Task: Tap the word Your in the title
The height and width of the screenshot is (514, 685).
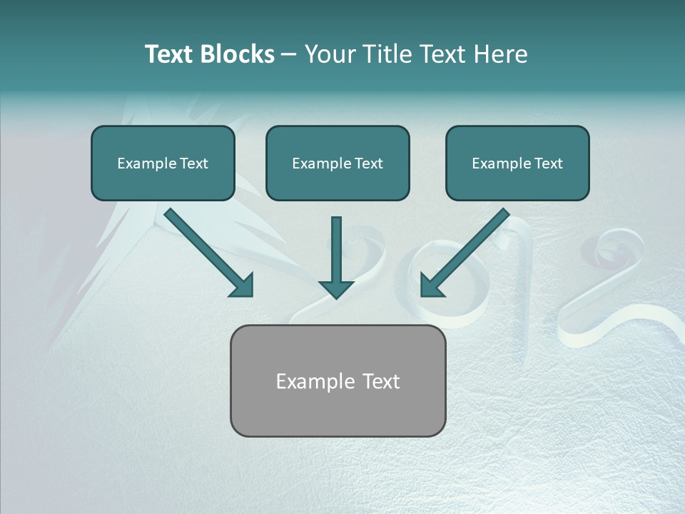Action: click(x=331, y=54)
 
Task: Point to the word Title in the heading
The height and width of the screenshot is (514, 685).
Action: click(x=387, y=54)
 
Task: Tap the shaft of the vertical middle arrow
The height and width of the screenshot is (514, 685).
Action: click(x=336, y=246)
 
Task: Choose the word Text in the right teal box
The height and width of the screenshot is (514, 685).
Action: click(x=548, y=163)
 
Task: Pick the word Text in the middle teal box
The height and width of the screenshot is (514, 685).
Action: click(x=368, y=163)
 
